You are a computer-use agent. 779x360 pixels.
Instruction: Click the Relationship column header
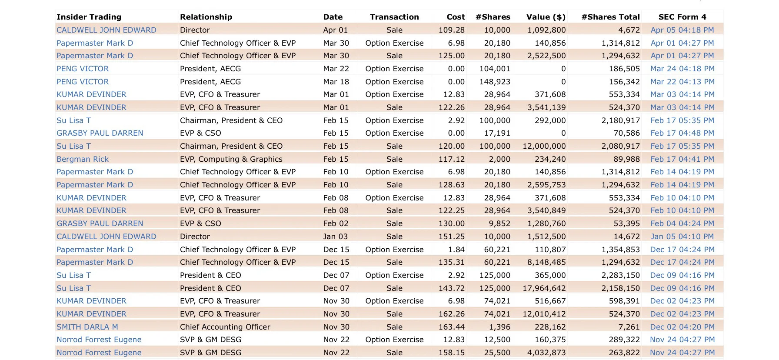coord(206,17)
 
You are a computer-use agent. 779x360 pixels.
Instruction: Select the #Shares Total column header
coord(610,17)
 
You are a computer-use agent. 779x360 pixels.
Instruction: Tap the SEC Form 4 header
coord(682,17)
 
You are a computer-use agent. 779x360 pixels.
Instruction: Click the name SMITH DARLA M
coord(87,327)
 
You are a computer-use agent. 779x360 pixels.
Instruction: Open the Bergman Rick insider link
coord(83,159)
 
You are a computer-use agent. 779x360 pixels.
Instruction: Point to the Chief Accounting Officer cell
coord(225,327)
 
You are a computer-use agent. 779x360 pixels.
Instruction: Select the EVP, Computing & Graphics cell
coord(231,159)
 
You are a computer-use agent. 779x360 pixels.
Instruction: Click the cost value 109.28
coord(452,30)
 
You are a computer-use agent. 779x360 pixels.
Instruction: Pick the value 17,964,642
coord(544,288)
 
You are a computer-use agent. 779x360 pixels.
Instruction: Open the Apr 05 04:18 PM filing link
coord(682,30)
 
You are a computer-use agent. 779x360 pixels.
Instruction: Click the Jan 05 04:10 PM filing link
coord(682,237)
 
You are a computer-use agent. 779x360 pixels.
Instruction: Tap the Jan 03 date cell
coord(335,237)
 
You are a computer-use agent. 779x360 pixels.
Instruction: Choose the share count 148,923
coord(495,82)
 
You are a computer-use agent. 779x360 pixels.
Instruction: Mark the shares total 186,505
coord(624,69)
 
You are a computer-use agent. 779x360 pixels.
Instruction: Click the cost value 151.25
coord(452,237)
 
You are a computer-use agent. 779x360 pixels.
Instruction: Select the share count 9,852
coord(499,223)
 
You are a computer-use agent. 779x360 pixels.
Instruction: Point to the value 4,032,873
coord(546,353)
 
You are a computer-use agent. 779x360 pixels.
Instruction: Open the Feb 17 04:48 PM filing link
coord(682,133)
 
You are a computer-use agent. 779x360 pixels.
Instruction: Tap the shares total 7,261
coord(629,327)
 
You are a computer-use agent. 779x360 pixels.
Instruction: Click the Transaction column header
coord(394,17)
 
